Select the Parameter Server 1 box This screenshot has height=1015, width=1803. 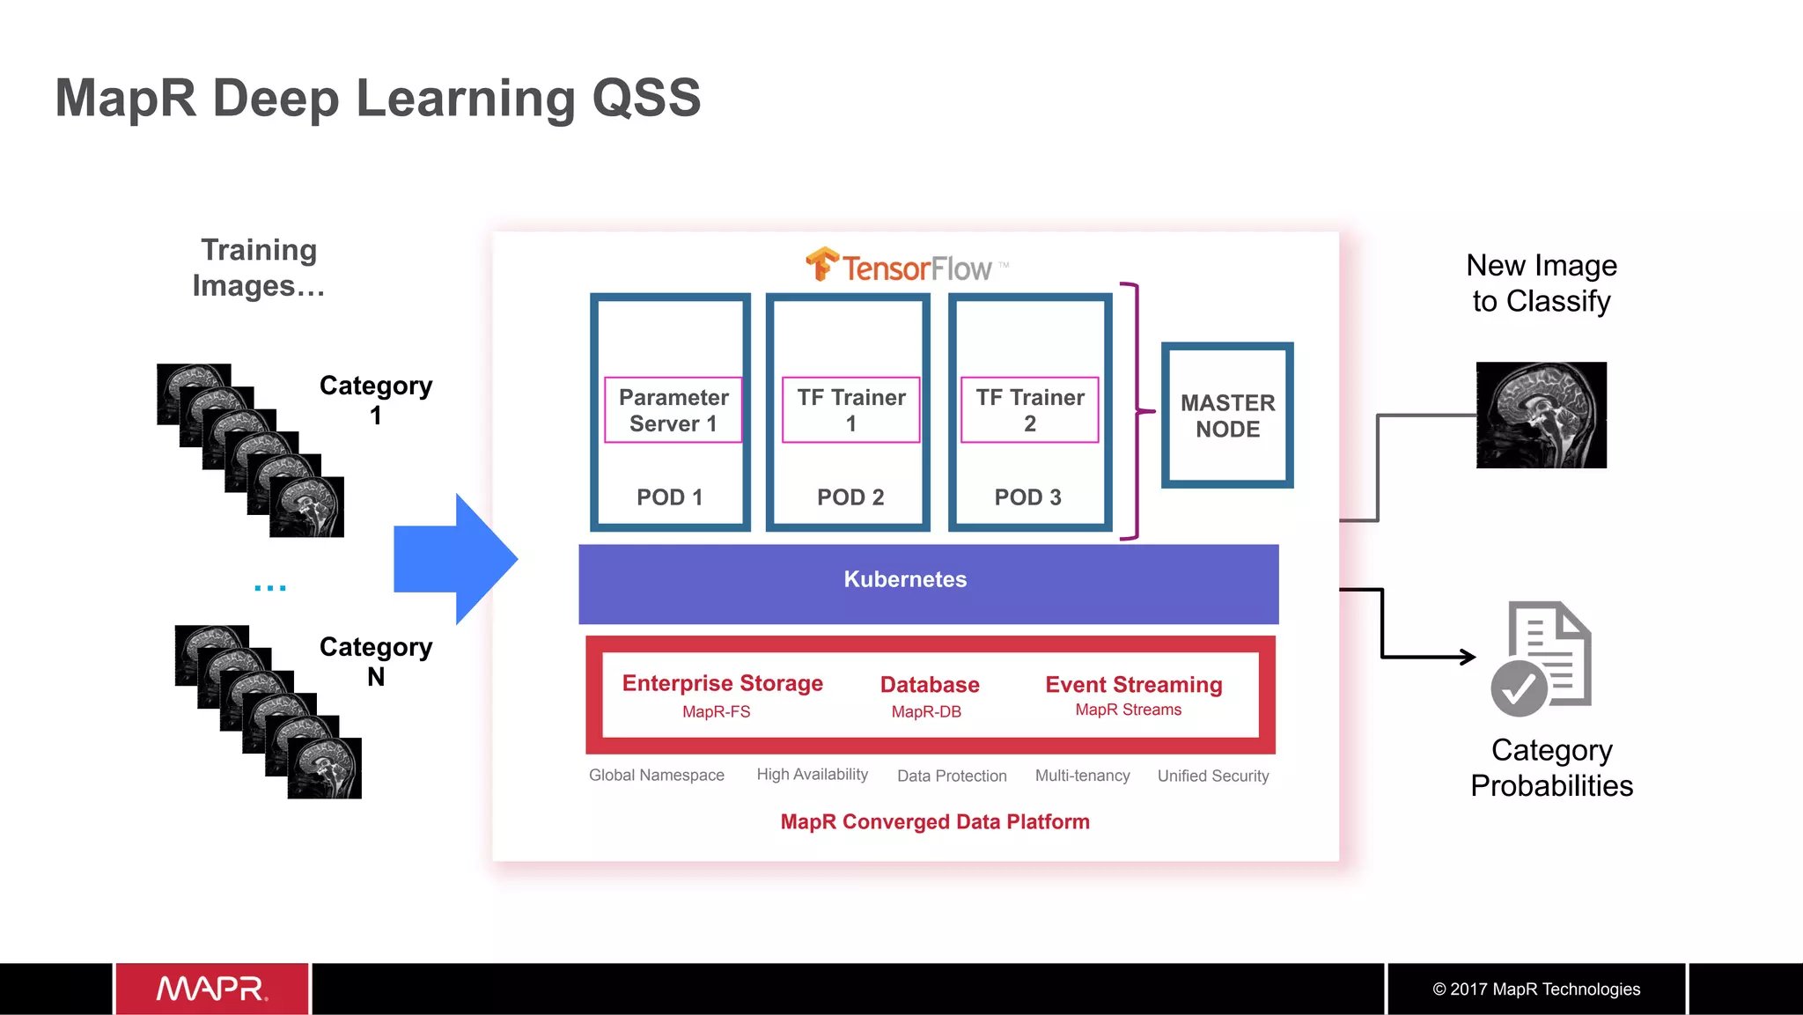673,410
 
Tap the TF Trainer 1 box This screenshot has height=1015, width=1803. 851,410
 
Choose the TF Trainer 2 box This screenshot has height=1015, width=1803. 1029,410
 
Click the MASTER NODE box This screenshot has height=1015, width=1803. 1227,416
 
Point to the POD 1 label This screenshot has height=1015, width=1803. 670,497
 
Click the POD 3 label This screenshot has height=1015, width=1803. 1027,497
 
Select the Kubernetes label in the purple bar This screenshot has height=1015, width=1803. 905,579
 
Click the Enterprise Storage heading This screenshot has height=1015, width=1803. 722,683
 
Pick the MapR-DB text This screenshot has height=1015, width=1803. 926,711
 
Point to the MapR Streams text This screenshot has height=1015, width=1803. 1128,710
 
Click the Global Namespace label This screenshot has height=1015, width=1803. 657,775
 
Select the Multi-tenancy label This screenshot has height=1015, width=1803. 1082,776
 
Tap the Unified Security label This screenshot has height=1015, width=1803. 1213,776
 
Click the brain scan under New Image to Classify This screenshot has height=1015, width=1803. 1541,415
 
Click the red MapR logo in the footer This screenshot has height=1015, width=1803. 212,989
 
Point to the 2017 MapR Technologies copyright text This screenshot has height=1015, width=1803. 1536,989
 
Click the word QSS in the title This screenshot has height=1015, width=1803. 646,98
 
